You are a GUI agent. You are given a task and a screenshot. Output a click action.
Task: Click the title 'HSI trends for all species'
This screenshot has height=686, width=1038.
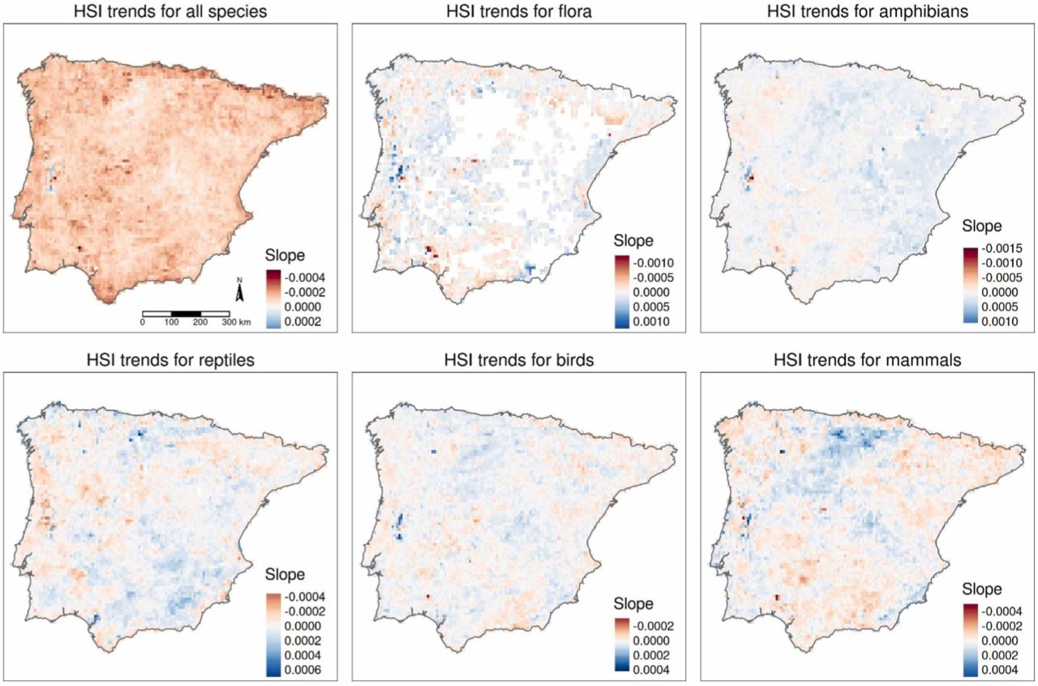coord(169,11)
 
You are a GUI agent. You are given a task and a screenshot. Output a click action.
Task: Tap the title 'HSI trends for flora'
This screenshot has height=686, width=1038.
coord(518,11)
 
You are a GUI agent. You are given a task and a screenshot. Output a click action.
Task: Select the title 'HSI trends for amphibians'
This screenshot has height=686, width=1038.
coord(868,11)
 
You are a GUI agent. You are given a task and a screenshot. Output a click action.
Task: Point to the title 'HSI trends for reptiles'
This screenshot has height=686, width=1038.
coord(169,359)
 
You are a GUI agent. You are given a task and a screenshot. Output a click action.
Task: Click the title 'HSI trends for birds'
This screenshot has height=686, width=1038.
coord(518,359)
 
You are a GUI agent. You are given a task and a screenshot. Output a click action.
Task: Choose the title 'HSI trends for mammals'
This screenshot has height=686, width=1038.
coord(868,359)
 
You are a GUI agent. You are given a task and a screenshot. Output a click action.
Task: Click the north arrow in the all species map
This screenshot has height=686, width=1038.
coord(238,290)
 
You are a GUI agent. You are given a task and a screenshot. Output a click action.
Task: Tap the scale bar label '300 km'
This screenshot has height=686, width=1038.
coord(240,323)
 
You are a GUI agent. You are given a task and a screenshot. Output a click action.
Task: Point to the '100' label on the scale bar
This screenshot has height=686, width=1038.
coord(172,323)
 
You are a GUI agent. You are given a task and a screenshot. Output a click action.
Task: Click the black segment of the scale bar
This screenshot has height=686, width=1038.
coord(187,313)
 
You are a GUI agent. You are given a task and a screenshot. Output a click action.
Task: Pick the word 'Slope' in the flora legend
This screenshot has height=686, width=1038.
coord(633,242)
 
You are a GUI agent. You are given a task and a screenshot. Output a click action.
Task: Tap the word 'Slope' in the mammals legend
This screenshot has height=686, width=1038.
coord(982,590)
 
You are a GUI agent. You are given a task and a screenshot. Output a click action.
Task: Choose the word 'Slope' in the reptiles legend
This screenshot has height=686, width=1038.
coord(285,575)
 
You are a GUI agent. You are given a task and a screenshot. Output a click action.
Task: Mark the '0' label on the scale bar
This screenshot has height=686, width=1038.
coord(143,323)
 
